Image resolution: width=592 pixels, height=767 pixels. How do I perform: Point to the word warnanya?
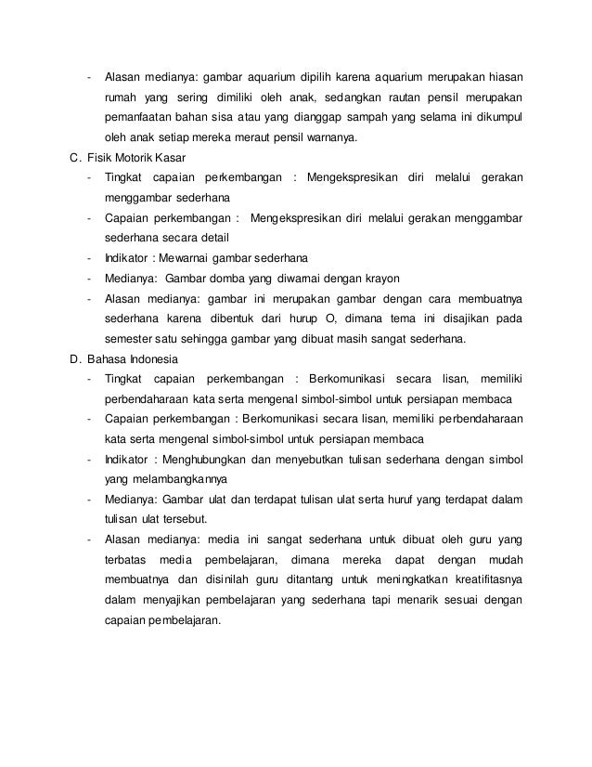click(x=336, y=138)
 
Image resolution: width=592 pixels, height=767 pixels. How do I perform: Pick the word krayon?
click(x=366, y=278)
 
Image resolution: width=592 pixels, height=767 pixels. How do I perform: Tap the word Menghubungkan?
click(x=213, y=459)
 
